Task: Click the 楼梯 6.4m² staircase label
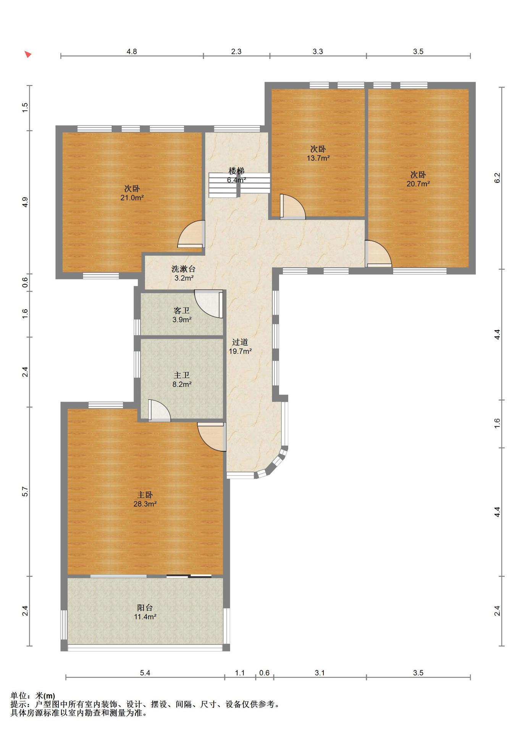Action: (236, 175)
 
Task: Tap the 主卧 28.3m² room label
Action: (145, 499)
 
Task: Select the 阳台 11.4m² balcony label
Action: (145, 612)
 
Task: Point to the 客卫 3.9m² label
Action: (182, 315)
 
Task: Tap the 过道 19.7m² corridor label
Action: (240, 347)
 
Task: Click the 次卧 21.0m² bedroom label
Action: (132, 193)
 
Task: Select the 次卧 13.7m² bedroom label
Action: (318, 153)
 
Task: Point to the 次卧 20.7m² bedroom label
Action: (418, 179)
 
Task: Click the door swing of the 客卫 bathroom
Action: (208, 304)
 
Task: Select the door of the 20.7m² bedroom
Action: (378, 253)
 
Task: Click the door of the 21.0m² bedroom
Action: (191, 234)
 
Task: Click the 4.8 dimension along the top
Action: (132, 52)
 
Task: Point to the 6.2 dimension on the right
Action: (497, 178)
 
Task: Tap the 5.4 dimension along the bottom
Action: (145, 673)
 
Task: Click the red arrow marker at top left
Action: (28, 54)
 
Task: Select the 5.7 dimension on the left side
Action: (25, 491)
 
